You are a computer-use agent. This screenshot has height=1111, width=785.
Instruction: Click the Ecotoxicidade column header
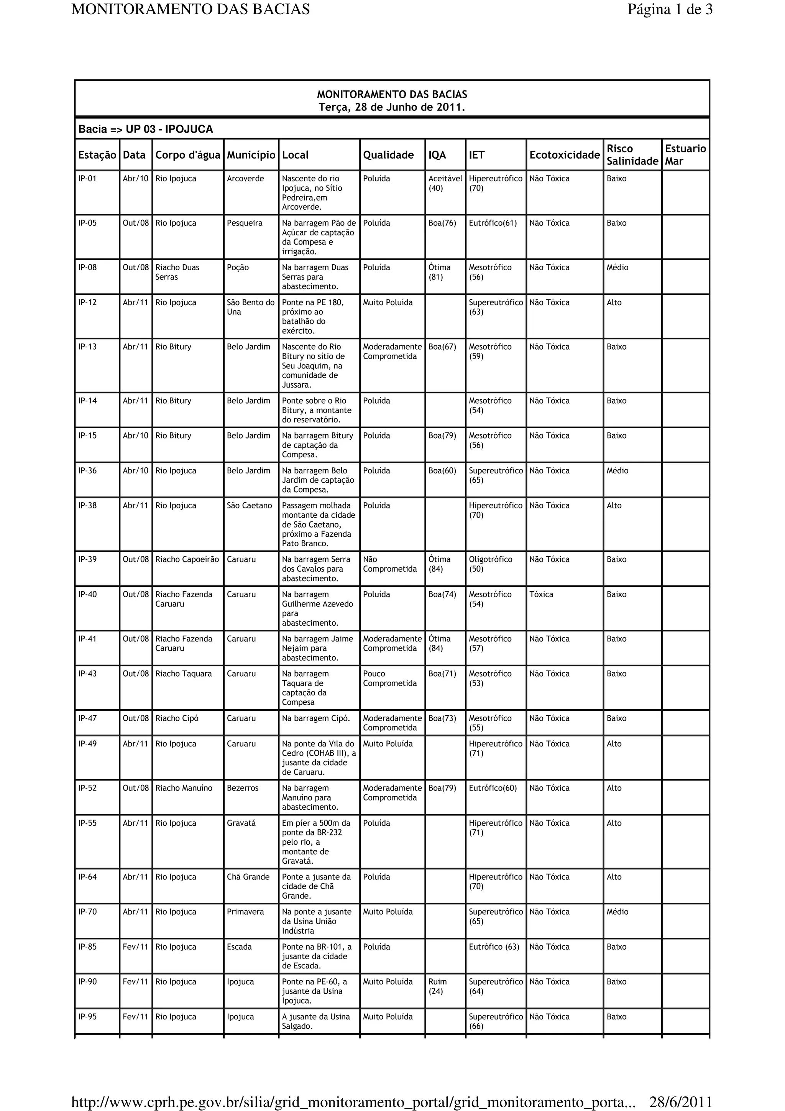565,155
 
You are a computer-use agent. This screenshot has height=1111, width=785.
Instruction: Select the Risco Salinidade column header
632,155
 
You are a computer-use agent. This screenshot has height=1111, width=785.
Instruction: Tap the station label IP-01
87,179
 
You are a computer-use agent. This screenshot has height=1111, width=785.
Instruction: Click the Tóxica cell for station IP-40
541,594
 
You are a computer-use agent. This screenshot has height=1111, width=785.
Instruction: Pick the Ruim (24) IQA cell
438,986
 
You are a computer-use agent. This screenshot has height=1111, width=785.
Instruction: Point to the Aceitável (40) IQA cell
445,183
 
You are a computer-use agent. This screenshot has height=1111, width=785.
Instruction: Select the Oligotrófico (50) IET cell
491,564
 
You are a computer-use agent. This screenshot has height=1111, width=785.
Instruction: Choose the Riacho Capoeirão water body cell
187,559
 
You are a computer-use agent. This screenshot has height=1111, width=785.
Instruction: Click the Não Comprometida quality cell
390,564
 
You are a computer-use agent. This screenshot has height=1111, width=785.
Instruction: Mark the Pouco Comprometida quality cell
390,678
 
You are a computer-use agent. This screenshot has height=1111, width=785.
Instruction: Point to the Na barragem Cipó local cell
316,718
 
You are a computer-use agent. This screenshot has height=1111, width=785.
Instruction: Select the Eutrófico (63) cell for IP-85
494,947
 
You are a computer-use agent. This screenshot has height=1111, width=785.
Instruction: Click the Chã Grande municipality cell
248,877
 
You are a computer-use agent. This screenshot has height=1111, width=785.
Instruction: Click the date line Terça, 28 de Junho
392,107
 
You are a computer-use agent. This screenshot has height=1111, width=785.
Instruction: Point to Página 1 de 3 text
670,9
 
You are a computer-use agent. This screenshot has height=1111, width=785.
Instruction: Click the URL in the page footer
353,1102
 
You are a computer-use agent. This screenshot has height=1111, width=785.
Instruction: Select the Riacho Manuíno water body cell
184,788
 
